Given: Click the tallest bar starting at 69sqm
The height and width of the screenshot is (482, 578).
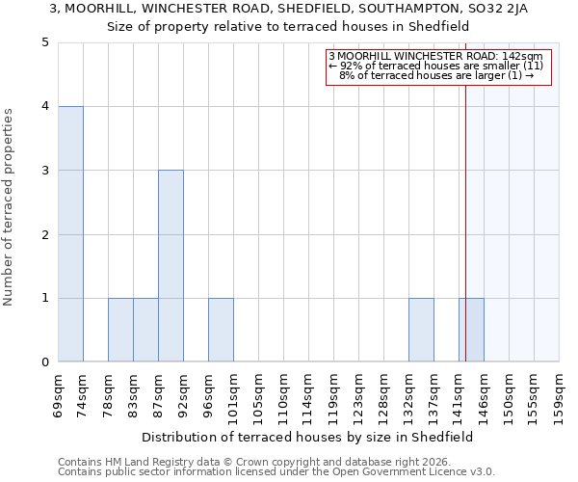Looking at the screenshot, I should (70, 234).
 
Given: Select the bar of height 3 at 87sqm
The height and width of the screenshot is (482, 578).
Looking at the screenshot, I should (171, 266).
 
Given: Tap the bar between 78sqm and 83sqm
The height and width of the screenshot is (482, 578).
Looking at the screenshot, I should (120, 330).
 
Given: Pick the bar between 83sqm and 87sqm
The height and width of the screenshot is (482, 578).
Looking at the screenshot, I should (145, 330).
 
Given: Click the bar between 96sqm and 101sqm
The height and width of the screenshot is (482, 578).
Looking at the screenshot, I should (221, 330).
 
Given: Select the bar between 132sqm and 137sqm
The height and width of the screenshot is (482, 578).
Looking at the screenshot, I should (421, 330).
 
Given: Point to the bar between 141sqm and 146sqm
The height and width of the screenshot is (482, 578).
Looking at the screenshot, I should (471, 330).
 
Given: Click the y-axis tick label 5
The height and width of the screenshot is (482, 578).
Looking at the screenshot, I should (45, 42).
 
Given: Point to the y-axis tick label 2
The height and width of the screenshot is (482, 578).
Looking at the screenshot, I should (45, 234).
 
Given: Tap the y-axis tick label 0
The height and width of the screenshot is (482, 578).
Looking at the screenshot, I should (45, 362).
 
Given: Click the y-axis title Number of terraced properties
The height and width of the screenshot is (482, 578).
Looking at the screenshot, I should (10, 207).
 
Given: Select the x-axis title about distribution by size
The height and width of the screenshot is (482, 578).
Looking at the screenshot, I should (308, 437).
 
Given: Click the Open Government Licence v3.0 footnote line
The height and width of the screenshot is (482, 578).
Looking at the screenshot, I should (276, 472).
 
